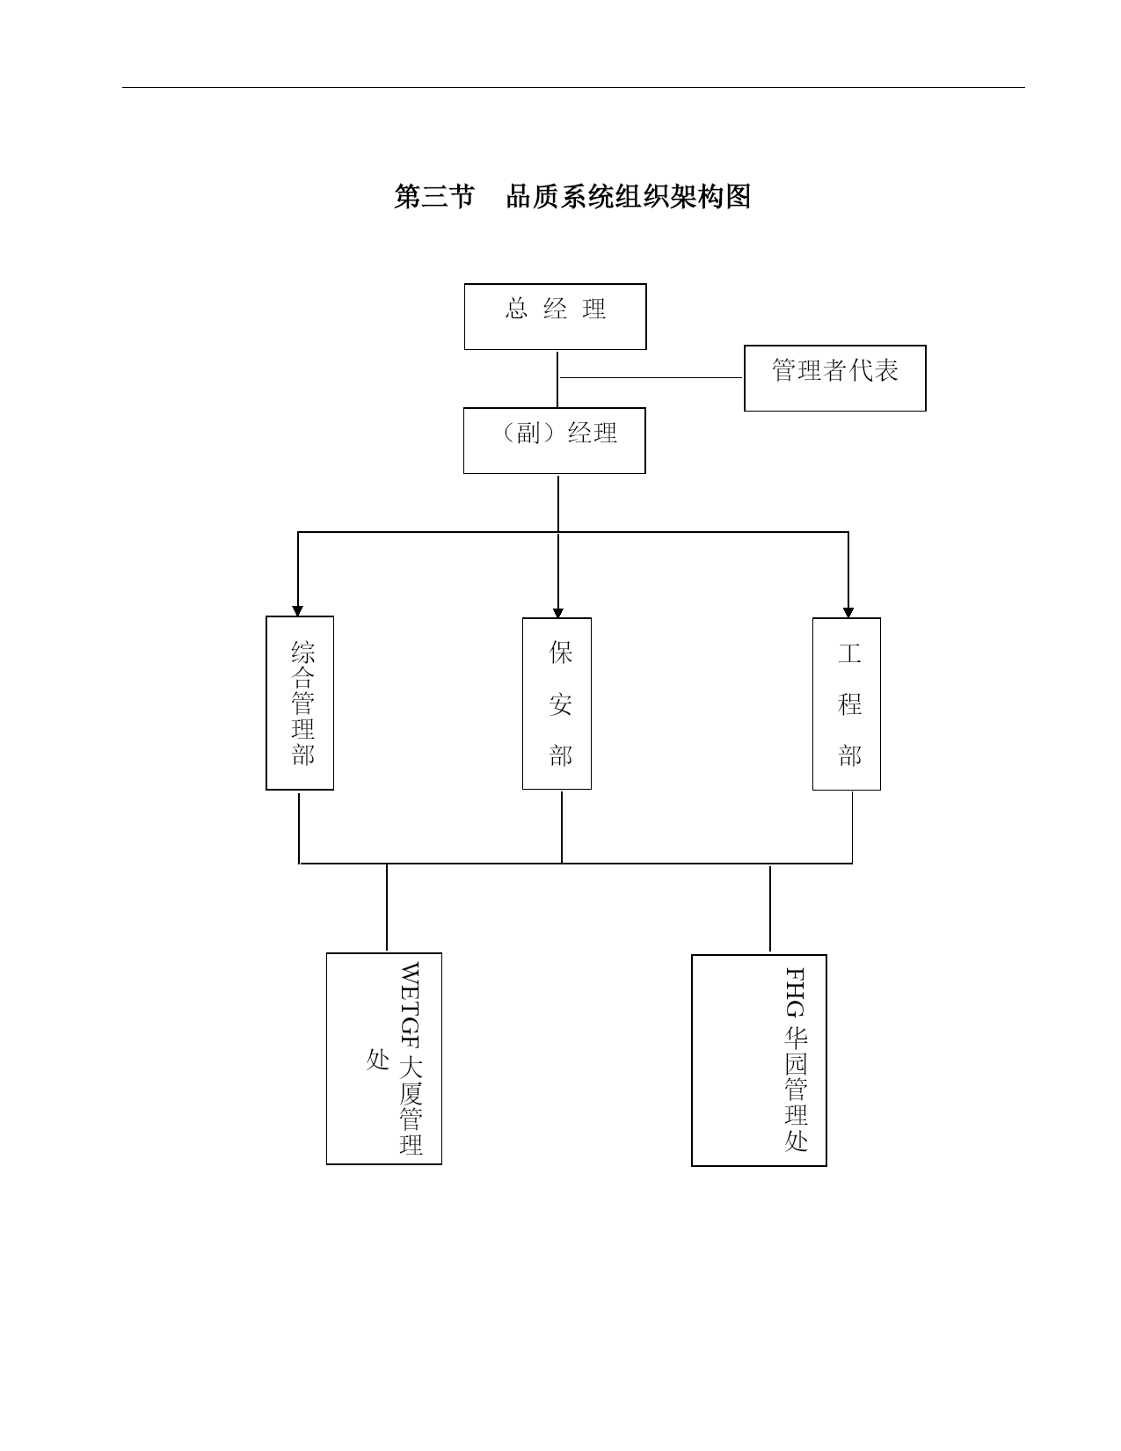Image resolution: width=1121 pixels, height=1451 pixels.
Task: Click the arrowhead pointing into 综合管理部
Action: click(298, 610)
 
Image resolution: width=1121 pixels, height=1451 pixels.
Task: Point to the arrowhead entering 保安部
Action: click(558, 612)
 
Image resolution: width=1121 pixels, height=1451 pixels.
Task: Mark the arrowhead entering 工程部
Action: click(848, 612)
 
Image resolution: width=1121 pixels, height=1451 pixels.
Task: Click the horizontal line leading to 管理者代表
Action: click(651, 378)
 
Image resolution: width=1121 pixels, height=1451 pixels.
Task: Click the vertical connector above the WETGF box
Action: click(387, 908)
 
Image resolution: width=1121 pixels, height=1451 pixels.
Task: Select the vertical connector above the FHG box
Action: click(770, 909)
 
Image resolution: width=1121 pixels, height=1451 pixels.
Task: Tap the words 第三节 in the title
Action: click(434, 197)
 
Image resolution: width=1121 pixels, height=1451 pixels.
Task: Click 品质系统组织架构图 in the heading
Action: click(629, 197)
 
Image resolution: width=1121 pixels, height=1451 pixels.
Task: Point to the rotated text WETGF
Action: click(410, 1005)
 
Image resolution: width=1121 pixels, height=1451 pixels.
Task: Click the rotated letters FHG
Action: click(795, 992)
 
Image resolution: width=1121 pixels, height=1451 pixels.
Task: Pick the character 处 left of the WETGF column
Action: click(378, 1059)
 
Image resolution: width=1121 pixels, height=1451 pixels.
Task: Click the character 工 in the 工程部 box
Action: click(850, 653)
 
